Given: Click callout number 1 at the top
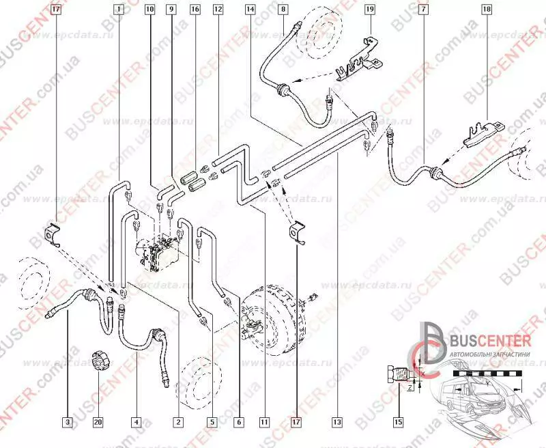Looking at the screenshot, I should (x=119, y=10).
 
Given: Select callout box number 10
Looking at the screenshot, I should (x=149, y=10).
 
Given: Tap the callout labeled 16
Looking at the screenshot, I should (x=195, y=10).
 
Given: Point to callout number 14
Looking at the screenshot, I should (x=250, y=10).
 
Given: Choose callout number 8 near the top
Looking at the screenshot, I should (x=283, y=10).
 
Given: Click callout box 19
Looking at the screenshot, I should (x=369, y=10).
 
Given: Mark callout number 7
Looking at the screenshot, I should (x=425, y=10).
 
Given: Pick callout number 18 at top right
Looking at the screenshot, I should (x=486, y=10).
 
